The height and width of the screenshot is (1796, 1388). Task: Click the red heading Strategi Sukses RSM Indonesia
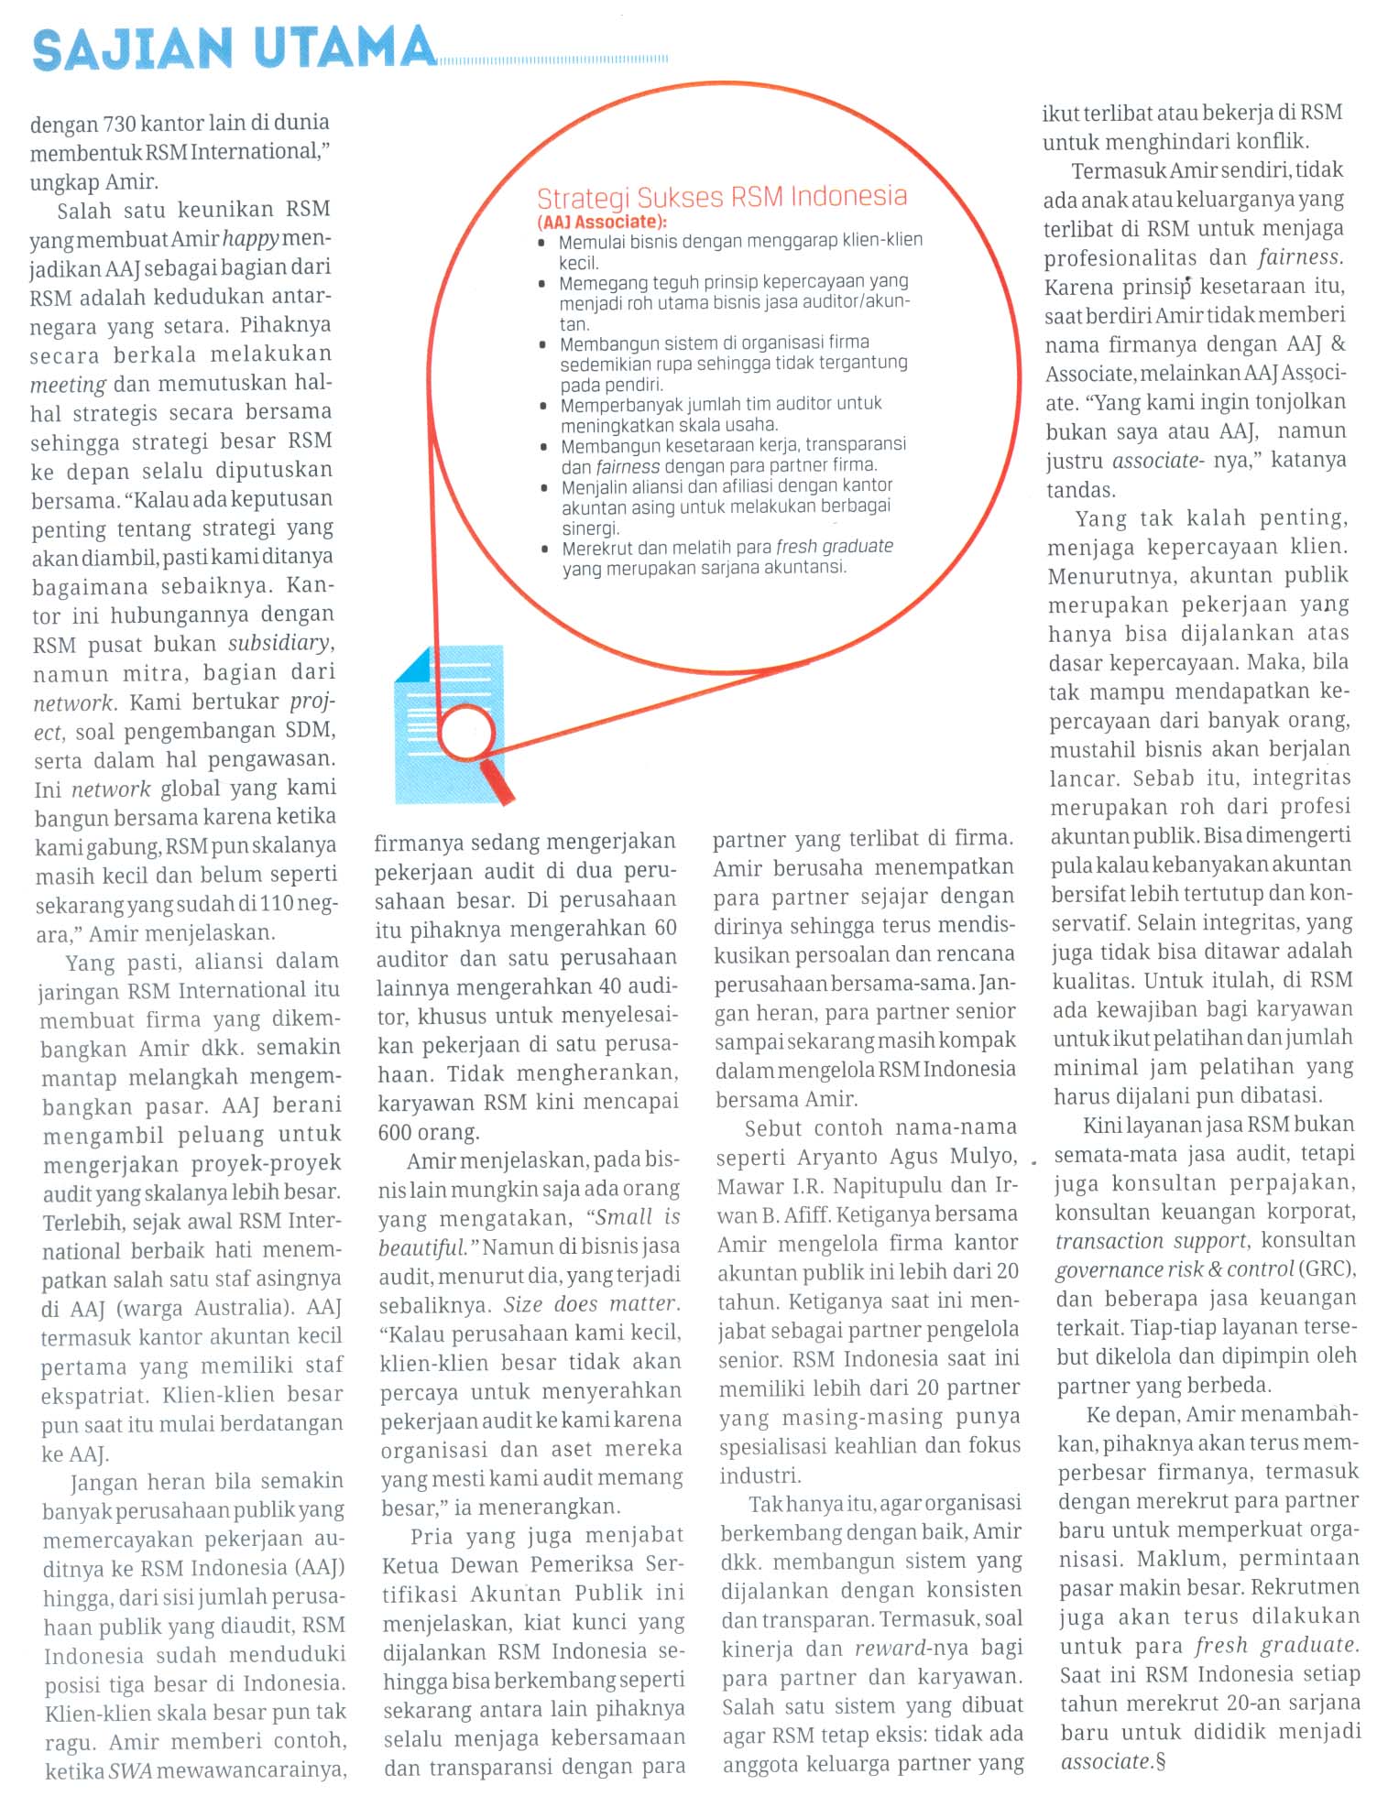(721, 197)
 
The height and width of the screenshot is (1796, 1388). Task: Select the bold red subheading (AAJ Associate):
(602, 222)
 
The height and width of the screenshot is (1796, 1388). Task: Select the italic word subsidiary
(279, 643)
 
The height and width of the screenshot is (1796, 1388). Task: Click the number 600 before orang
(395, 1132)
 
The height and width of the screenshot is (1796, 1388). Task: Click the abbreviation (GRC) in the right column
(1326, 1269)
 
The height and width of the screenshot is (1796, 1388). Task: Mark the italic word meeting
(68, 385)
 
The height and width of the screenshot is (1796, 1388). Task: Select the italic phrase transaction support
(1151, 1241)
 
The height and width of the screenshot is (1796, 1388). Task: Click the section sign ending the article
(1161, 1761)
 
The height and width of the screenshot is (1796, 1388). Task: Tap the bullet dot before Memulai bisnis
(542, 243)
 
